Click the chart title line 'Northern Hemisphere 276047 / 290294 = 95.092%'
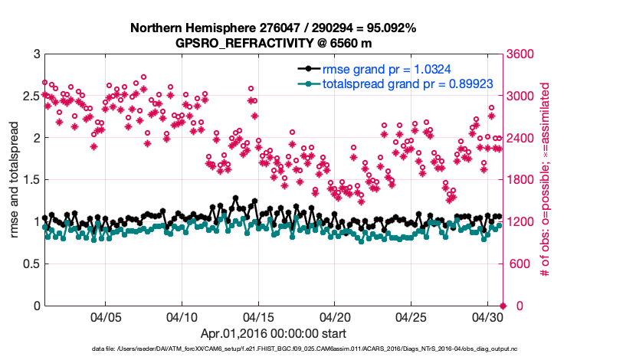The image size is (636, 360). (x=274, y=28)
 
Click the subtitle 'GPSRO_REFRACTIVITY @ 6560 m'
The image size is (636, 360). (x=274, y=43)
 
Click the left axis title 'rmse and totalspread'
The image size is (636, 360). (x=15, y=181)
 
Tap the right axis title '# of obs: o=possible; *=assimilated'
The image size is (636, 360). (x=546, y=181)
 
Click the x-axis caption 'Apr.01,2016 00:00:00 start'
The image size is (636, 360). (x=274, y=334)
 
